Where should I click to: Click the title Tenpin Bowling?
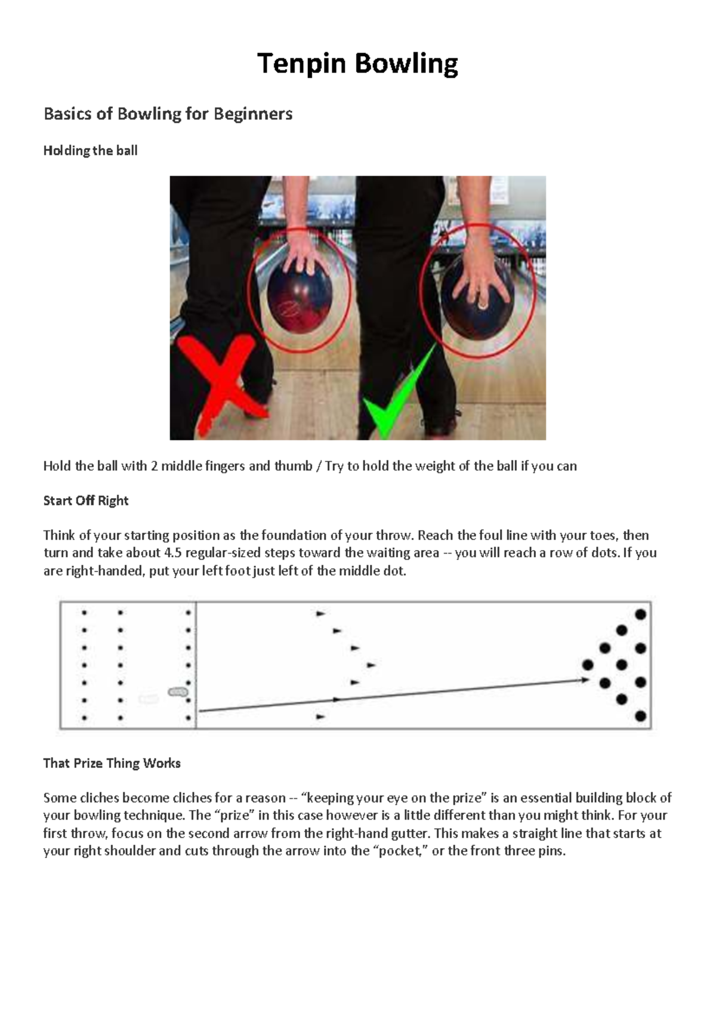(357, 63)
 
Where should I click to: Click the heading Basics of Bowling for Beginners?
(168, 113)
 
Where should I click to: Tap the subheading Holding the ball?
(90, 150)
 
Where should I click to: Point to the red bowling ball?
(299, 304)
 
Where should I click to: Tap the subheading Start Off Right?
(85, 501)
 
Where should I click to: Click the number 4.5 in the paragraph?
(174, 553)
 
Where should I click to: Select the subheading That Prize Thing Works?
(112, 763)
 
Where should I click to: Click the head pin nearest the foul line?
(588, 665)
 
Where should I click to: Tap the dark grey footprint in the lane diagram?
(178, 692)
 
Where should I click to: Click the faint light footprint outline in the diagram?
(149, 699)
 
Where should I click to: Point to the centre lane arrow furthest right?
(371, 665)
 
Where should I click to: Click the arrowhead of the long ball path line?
(585, 680)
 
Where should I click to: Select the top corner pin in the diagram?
(641, 613)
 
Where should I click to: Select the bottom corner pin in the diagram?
(641, 716)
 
